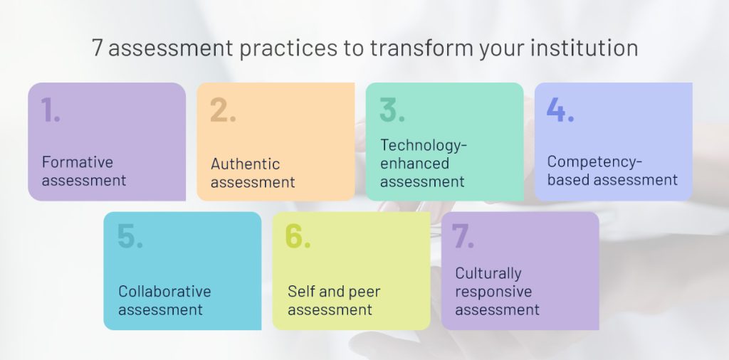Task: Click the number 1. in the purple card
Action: pos(51,110)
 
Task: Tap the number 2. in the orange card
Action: pos(223,110)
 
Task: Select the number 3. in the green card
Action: pos(392,110)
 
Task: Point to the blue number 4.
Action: pos(560,110)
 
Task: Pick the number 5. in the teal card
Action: pos(130,236)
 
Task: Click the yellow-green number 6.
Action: pos(298,236)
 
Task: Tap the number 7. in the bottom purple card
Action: pos(463,236)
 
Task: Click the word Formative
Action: pos(78,162)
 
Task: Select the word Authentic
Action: pos(246,164)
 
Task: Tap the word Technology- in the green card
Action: pos(424,145)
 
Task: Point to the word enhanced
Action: pos(415,164)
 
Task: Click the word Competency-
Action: pos(594,162)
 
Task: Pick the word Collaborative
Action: pos(164,292)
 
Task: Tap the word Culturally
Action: pos(488,274)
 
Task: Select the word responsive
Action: pos(493,292)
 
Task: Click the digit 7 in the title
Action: pos(97,48)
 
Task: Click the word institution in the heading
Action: pos(584,48)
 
